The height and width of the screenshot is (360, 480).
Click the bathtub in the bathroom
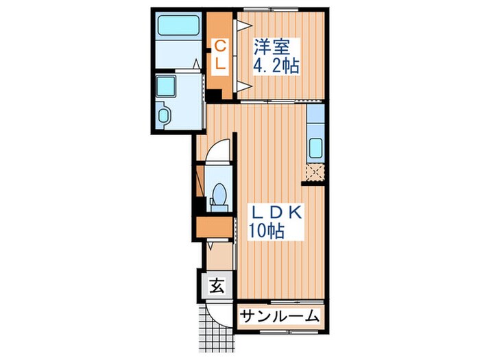pos(178,27)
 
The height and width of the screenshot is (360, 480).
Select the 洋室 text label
pos(269,48)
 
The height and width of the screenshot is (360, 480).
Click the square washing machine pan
pos(167,87)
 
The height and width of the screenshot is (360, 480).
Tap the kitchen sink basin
pos(316,147)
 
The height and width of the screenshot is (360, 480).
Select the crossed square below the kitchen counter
pos(315,172)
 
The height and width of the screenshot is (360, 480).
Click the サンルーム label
pos(280,316)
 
